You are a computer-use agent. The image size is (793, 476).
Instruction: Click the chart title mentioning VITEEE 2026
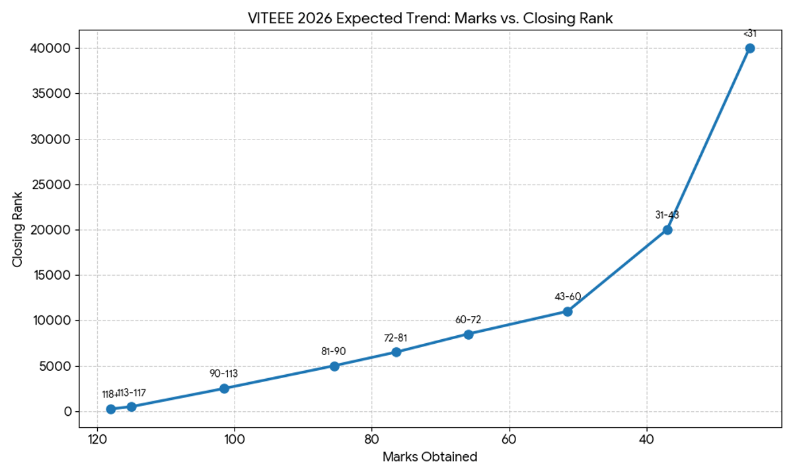[x=430, y=19]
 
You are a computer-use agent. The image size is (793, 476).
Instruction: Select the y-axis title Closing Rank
[x=18, y=229]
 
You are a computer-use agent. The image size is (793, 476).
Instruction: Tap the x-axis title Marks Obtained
[x=430, y=457]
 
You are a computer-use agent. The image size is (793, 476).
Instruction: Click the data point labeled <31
[x=749, y=48]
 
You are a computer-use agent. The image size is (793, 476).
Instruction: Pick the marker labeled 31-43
[x=667, y=230]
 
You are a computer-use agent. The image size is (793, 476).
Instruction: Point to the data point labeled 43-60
[x=567, y=311]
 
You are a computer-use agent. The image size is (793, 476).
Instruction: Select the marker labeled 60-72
[x=468, y=335]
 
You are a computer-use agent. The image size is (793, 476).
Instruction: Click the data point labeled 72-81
[x=396, y=352]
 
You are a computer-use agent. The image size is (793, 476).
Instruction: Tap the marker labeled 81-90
[x=334, y=366]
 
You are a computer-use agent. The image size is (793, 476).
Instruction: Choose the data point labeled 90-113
[x=224, y=389]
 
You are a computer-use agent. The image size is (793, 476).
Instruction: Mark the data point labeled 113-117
[x=132, y=407]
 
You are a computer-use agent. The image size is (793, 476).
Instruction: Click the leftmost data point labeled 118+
[x=111, y=409]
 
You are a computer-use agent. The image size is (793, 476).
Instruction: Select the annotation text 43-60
[x=567, y=296]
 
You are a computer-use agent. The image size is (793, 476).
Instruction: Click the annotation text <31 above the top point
[x=749, y=33]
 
